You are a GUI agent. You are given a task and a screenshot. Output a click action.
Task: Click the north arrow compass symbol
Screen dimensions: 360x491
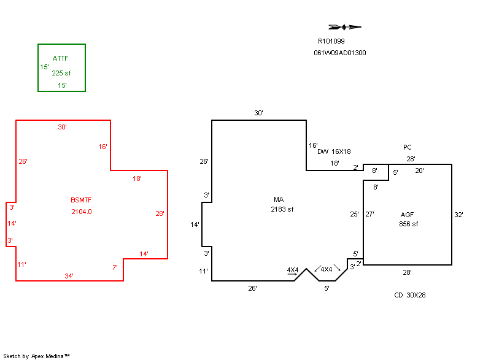[x=345, y=27]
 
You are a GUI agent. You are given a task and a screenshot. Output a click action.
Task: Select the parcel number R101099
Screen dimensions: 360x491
[x=331, y=42]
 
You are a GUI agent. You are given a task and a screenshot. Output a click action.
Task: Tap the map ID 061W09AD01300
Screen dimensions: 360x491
[x=340, y=53]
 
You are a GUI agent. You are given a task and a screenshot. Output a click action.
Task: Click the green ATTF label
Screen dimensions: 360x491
[x=60, y=59]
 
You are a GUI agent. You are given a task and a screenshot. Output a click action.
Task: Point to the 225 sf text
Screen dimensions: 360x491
[x=61, y=73]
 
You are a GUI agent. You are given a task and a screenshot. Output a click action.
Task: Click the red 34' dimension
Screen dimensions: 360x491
[x=69, y=276]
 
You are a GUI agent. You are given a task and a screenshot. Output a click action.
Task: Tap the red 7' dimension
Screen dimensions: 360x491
[x=115, y=267]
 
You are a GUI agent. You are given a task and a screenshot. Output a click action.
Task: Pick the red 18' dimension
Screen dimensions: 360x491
[x=137, y=179]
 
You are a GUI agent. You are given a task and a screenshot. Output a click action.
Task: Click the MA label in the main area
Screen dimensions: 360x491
[x=279, y=200]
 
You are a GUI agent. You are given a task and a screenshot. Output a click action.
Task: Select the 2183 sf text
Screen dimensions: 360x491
[x=282, y=210]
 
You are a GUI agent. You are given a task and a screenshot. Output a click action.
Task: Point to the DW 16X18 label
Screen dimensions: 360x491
[x=334, y=151]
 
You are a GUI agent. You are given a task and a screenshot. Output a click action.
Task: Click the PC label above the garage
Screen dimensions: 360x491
[x=407, y=147]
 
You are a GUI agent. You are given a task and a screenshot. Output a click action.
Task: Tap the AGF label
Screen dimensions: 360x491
[x=407, y=215]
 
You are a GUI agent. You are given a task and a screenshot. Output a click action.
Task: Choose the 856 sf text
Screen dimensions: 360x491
[x=408, y=224]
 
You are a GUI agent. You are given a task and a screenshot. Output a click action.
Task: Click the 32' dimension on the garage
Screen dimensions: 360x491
[x=458, y=215]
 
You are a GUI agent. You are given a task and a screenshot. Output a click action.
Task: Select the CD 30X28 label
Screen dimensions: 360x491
[x=410, y=295]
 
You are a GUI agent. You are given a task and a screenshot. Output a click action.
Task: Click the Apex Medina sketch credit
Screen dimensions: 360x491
[x=36, y=356]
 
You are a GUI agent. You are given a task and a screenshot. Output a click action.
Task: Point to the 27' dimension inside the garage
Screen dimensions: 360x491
[x=369, y=215]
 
